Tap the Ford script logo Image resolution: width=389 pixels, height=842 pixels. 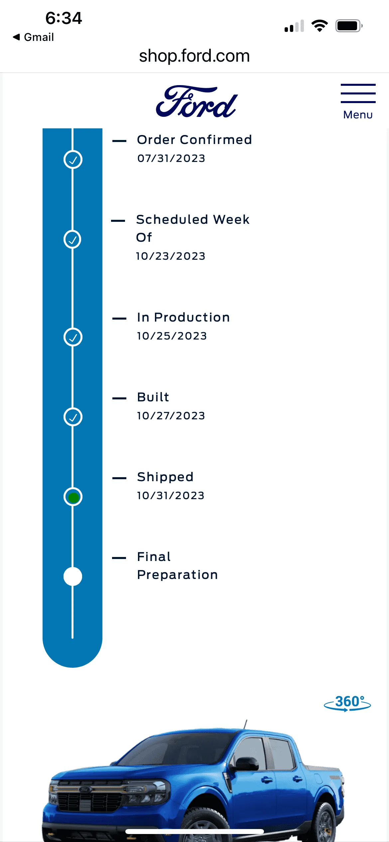point(197,101)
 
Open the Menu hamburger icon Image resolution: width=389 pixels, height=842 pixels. point(358,93)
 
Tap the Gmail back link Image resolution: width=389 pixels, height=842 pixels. point(33,37)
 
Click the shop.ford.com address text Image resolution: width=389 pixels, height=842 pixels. point(194,56)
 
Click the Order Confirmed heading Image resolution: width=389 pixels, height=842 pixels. point(194,140)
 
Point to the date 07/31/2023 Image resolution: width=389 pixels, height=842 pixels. point(171,158)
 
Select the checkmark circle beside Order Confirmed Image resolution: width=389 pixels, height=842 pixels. point(73,160)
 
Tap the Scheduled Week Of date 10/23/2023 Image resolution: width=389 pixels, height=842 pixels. point(171,256)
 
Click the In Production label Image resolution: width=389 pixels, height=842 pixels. point(184,317)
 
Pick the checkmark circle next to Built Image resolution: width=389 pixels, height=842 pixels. point(73,417)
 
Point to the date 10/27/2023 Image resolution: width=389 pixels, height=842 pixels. point(171,416)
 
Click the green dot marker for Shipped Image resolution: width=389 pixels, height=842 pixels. point(73,497)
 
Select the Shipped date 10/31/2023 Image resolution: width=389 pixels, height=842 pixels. point(171,495)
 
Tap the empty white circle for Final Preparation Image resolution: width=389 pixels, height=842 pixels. point(73,577)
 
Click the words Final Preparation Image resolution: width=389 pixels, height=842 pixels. point(178,566)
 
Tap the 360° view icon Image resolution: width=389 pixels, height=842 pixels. point(347,703)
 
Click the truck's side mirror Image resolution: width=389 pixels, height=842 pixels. point(245,764)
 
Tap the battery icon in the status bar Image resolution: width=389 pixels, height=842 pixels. point(349,26)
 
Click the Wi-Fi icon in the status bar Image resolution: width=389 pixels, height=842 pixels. point(320,26)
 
